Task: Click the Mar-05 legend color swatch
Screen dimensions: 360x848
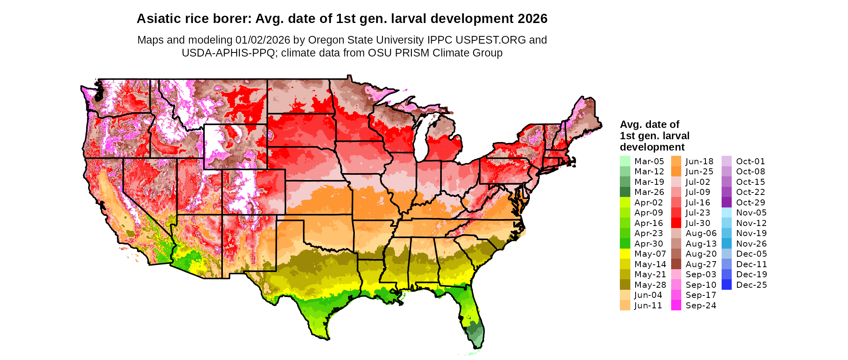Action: click(x=625, y=161)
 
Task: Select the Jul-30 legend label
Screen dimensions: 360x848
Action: click(x=698, y=223)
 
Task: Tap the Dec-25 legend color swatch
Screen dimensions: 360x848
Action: click(x=726, y=285)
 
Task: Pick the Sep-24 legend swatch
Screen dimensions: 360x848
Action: click(x=676, y=306)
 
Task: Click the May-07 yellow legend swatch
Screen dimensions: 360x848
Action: click(x=625, y=254)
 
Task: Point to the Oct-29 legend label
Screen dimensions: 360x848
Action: click(x=750, y=203)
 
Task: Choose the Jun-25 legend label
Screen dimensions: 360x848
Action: click(x=699, y=172)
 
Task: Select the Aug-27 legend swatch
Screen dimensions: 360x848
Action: click(x=676, y=264)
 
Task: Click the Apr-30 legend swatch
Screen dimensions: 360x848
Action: click(x=625, y=244)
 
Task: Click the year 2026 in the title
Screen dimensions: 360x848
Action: click(x=531, y=19)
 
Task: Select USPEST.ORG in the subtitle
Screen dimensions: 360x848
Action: click(x=491, y=40)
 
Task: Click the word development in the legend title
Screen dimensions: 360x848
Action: click(x=652, y=147)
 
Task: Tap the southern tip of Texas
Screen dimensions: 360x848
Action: click(x=326, y=338)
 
